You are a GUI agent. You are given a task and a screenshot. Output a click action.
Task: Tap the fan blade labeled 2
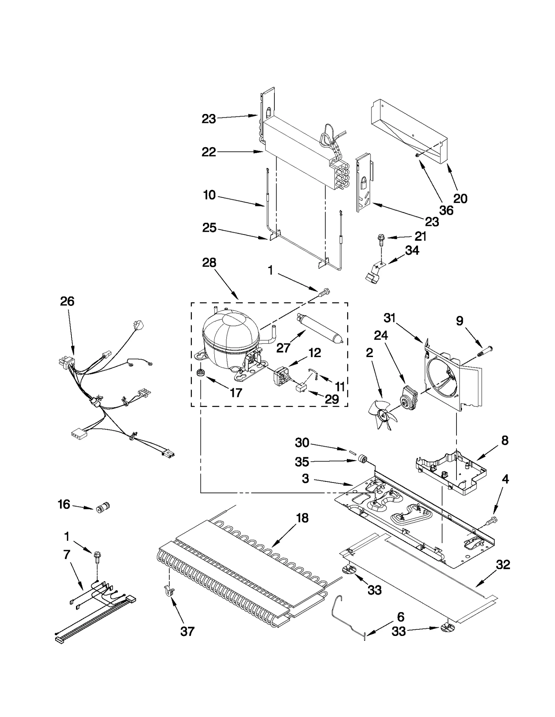(382, 414)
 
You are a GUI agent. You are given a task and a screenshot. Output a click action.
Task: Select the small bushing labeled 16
(102, 508)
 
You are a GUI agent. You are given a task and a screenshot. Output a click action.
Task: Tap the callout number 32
(503, 565)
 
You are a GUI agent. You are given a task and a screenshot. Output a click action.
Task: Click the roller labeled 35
(363, 460)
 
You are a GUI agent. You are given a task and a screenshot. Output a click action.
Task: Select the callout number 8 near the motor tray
(505, 440)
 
